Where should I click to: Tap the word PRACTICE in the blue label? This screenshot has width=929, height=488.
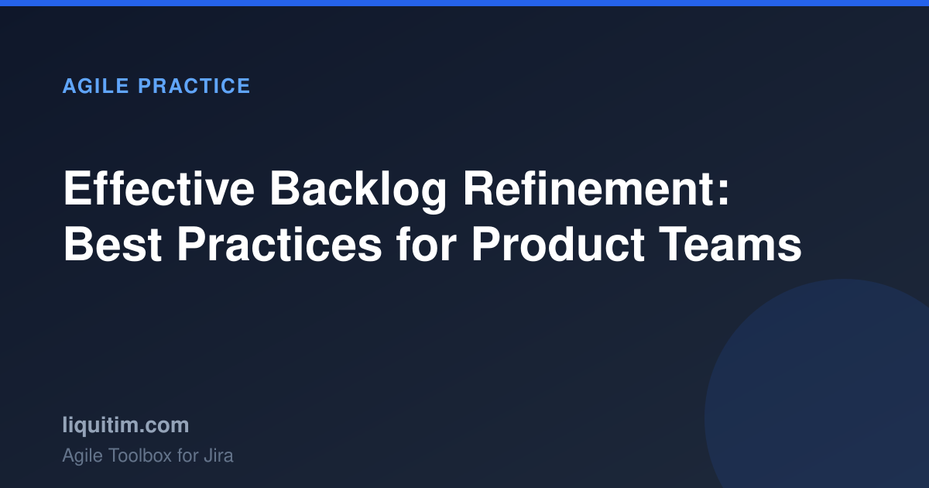coord(194,86)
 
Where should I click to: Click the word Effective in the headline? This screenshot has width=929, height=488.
coord(159,189)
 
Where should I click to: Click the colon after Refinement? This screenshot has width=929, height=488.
coord(722,192)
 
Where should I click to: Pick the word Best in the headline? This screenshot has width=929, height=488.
coord(112,245)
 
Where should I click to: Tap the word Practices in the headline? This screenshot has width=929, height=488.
coord(279,245)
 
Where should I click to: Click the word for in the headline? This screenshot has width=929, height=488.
coord(427,244)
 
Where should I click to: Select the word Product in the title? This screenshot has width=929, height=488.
coord(558,245)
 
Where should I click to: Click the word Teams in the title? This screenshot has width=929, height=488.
coord(731,245)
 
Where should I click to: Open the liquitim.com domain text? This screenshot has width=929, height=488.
coord(125,425)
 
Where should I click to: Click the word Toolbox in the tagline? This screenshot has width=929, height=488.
coord(140,455)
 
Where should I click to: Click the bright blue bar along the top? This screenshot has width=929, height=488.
coord(464,3)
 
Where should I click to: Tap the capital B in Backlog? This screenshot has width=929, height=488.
coord(286,188)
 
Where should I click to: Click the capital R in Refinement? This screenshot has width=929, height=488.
coord(481,188)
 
